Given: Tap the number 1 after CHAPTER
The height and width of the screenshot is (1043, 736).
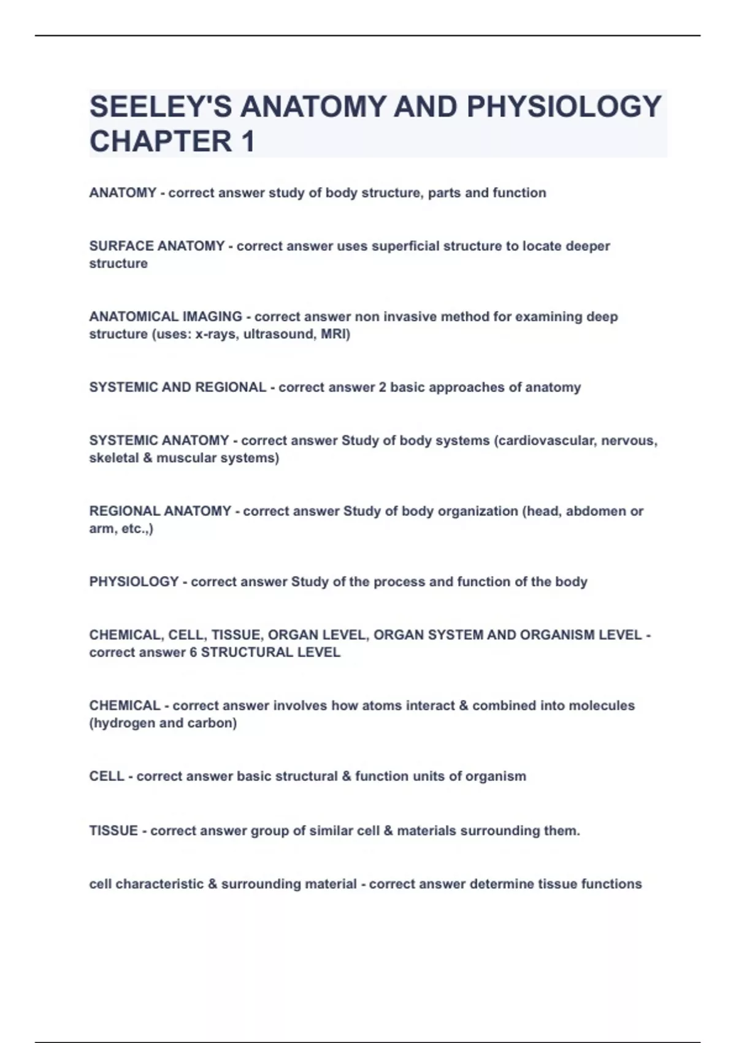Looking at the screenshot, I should coord(248,142).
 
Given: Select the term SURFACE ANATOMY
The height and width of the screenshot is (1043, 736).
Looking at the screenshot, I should coord(156,246).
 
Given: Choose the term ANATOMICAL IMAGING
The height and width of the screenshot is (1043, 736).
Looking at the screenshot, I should coord(166,317).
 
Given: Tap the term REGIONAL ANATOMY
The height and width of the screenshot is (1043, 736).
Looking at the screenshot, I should coord(160,511).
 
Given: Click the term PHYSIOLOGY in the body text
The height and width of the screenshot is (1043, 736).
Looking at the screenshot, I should coord(134,582).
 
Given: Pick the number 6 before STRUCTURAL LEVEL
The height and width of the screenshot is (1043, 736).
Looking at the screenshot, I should coord(193,652).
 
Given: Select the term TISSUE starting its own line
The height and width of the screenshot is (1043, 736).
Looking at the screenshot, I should coord(113,831).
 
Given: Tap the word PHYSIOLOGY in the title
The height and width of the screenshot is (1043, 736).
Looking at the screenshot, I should coord(564,107).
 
